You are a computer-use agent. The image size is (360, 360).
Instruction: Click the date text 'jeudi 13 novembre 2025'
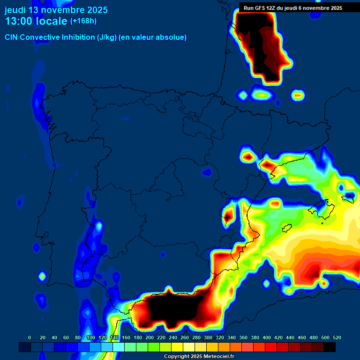(56, 10)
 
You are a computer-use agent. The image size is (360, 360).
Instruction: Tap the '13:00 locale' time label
(36, 21)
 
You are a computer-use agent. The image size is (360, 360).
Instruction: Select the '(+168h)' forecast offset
(83, 21)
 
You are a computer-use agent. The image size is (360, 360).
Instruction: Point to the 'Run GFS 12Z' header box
(292, 7)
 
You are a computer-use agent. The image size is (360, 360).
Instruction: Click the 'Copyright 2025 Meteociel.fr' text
(199, 356)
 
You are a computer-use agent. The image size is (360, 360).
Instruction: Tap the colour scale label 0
(30, 337)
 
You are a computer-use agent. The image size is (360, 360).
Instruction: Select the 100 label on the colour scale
(91, 337)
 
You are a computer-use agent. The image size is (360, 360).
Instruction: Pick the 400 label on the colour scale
(267, 337)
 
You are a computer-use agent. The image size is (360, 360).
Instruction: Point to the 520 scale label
(337, 337)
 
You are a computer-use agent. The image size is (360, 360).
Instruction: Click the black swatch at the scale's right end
(330, 347)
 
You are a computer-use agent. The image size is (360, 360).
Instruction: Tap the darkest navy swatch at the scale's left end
(25, 347)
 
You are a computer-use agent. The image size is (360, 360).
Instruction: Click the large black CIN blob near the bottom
(171, 309)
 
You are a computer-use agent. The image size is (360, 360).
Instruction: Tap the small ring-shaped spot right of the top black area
(298, 96)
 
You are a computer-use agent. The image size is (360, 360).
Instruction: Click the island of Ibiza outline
(287, 228)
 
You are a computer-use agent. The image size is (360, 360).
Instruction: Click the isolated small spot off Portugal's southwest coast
(42, 276)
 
